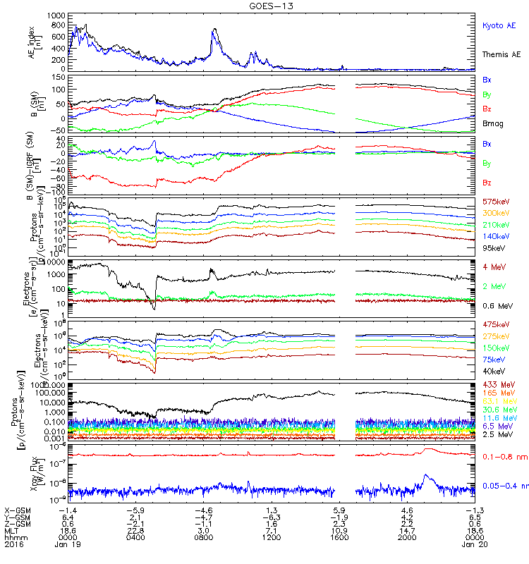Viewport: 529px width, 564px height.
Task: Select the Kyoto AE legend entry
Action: (499, 25)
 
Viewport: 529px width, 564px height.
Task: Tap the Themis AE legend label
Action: (501, 54)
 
